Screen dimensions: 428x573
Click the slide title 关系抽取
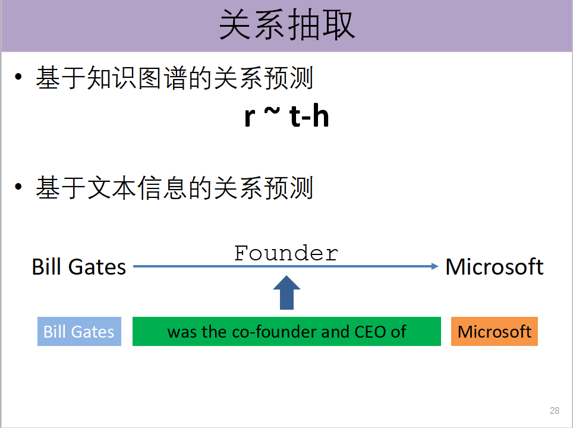click(286, 26)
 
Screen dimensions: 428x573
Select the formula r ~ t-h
click(286, 117)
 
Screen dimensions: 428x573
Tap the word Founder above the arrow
click(286, 253)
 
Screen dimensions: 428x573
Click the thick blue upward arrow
click(286, 293)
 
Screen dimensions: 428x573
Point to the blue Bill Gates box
click(79, 331)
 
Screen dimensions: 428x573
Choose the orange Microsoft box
click(494, 331)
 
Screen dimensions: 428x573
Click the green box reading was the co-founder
click(286, 331)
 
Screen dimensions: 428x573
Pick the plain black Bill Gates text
click(79, 267)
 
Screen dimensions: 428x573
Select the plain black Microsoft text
click(494, 267)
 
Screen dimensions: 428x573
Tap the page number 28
click(555, 411)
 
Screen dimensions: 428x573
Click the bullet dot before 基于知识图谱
click(20, 78)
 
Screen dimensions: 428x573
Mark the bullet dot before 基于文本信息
click(20, 188)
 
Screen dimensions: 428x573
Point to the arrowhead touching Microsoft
click(435, 267)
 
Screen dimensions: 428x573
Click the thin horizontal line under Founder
click(208, 267)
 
